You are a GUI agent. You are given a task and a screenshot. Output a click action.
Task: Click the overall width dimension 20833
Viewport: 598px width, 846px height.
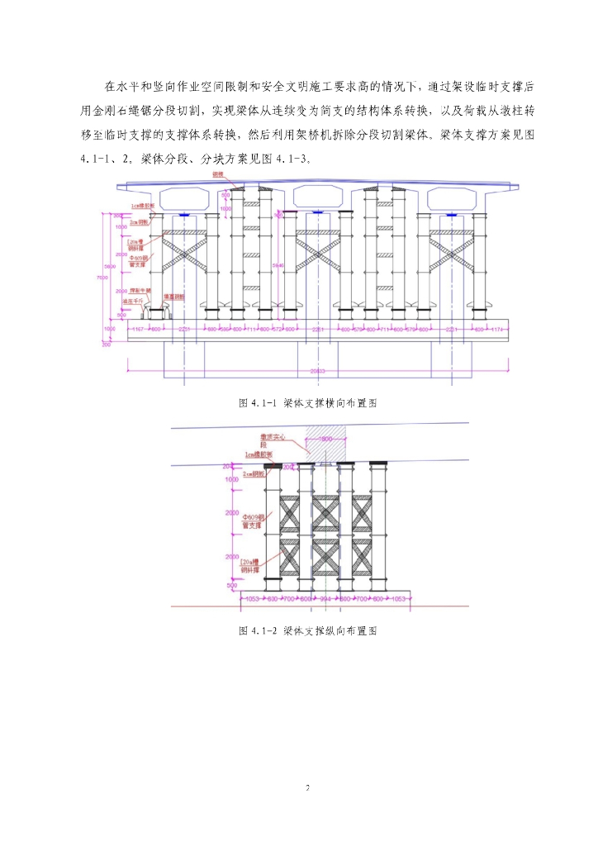pyautogui.click(x=316, y=371)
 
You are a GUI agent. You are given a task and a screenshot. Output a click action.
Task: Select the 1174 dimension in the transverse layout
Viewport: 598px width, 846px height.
pyautogui.click(x=496, y=329)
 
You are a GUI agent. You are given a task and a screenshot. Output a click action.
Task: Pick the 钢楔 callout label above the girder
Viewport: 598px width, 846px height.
pyautogui.click(x=218, y=176)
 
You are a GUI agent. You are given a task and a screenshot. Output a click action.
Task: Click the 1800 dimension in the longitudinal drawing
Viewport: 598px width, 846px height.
pyautogui.click(x=325, y=439)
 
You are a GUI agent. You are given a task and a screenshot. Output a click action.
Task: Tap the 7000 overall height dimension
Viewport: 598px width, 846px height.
pyautogui.click(x=103, y=278)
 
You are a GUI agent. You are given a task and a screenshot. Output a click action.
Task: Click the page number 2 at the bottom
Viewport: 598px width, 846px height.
pyautogui.click(x=306, y=787)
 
